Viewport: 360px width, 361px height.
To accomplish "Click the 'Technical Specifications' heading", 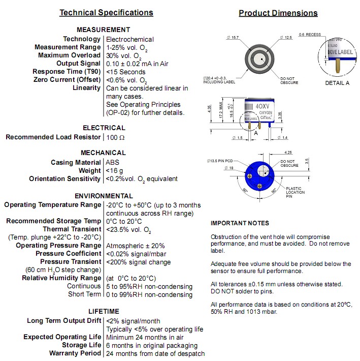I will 106,13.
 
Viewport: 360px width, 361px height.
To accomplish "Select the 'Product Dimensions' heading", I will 278,13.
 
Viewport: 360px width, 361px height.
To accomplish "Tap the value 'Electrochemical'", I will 130,39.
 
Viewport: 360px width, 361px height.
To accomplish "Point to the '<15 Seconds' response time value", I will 126,72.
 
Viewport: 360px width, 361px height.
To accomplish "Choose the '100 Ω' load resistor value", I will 115,137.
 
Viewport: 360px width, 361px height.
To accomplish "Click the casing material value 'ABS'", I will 113,163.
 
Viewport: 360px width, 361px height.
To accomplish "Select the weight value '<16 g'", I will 115,171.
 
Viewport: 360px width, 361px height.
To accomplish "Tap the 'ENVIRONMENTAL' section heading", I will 104,196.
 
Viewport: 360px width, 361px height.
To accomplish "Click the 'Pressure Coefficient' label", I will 68,254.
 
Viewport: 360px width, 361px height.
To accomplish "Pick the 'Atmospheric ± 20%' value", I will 135,246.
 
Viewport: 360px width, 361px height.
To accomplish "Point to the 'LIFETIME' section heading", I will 104,311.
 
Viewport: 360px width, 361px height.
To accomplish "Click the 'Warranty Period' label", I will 75,353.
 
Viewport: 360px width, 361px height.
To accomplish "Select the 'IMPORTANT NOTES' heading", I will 240,223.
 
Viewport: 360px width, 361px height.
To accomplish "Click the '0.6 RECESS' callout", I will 310,35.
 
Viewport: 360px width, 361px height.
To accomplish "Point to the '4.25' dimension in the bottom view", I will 288,152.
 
